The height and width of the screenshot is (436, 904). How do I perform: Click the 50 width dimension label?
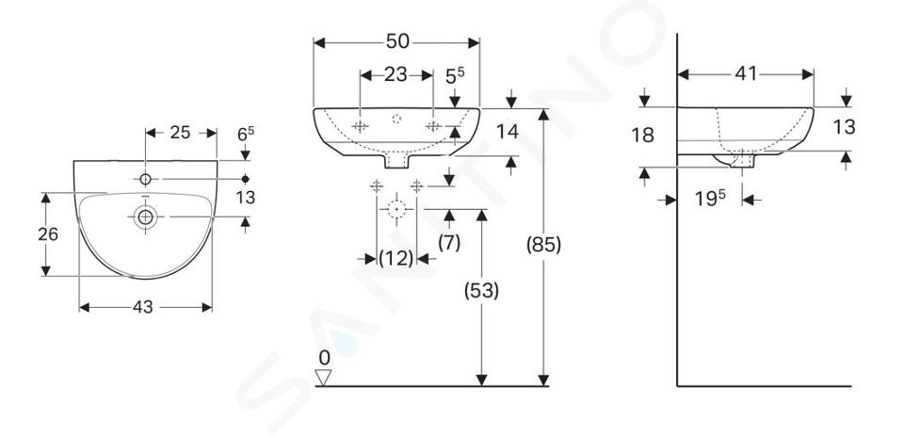click(x=397, y=40)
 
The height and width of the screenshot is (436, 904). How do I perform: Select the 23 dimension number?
click(x=395, y=74)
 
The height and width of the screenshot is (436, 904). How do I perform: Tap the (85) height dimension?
click(x=543, y=245)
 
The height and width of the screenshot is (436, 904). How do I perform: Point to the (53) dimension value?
click(x=481, y=291)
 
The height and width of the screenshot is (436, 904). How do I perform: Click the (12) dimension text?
click(x=396, y=258)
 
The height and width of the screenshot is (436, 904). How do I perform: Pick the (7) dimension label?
click(x=449, y=243)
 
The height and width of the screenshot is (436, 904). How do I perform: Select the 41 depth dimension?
click(x=746, y=73)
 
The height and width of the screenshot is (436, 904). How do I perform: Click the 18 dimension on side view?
click(x=643, y=136)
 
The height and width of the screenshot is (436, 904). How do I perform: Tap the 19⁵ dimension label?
click(x=710, y=199)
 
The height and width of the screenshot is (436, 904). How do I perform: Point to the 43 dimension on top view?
click(x=143, y=307)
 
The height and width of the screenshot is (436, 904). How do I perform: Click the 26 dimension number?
click(x=48, y=234)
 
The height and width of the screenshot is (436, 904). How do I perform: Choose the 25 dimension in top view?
click(x=180, y=133)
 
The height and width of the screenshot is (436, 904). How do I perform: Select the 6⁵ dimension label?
click(x=246, y=134)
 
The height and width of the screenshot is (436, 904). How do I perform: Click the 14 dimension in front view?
click(x=508, y=132)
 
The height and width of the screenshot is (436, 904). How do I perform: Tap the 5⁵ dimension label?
click(x=456, y=75)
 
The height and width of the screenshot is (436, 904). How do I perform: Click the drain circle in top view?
click(x=145, y=217)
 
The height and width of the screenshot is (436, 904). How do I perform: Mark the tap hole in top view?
click(x=145, y=179)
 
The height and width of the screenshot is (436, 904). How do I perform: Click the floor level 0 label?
click(x=325, y=358)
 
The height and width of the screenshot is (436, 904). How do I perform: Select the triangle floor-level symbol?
click(x=323, y=378)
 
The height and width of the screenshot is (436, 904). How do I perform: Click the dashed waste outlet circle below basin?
click(x=396, y=209)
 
